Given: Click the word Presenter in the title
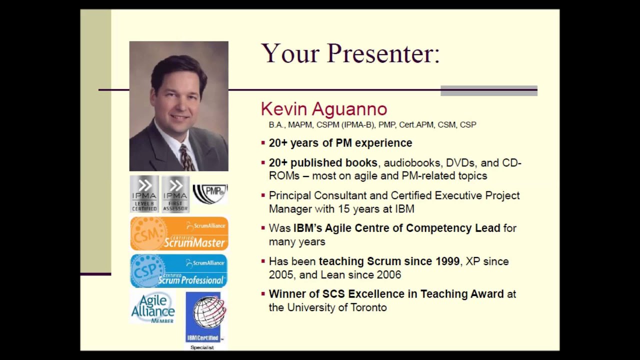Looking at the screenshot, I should (383, 53).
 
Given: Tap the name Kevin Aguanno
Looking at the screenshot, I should (324, 109).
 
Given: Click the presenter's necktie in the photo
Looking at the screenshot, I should (186, 157).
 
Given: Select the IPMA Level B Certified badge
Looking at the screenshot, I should (144, 193).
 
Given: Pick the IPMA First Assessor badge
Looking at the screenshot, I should (175, 193).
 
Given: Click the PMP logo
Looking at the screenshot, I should (210, 194).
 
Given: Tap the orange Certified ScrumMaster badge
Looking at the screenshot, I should (179, 233).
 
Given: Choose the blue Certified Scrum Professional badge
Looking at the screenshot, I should (179, 271).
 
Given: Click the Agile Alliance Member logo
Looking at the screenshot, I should (153, 308).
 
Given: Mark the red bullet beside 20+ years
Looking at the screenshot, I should (263, 143).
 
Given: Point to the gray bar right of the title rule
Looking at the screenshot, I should (488, 90).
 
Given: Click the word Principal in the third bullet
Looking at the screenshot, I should (289, 195).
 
